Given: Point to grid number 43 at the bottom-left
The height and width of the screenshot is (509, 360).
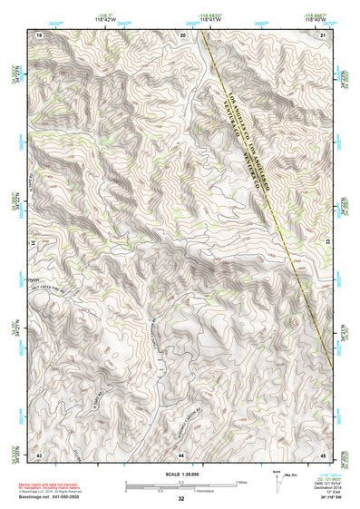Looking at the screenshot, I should point(40,453).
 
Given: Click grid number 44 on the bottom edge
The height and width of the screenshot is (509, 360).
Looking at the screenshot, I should point(181,453).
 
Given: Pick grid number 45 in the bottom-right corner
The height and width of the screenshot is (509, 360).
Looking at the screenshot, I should point(325,453).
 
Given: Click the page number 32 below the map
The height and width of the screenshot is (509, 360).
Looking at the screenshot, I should point(181,498).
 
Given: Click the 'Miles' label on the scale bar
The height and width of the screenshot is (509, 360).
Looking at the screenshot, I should point(241,481).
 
